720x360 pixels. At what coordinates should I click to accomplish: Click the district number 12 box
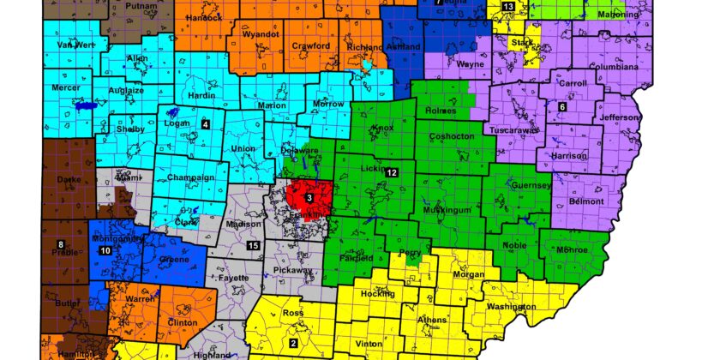click(391, 173)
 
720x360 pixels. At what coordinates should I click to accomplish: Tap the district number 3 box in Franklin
click(309, 199)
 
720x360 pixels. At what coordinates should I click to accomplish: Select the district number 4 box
click(205, 124)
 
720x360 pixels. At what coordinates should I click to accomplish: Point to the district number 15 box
click(253, 247)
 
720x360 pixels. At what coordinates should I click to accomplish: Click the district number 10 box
click(105, 251)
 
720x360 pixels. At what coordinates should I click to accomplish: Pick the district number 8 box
click(60, 246)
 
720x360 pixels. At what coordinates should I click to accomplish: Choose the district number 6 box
click(562, 106)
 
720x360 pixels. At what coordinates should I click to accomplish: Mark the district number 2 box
click(293, 344)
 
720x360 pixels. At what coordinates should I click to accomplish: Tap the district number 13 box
click(508, 8)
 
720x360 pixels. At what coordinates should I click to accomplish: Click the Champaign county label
click(190, 177)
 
